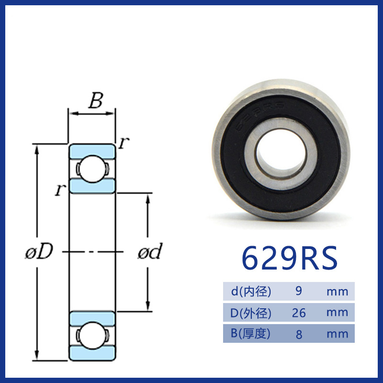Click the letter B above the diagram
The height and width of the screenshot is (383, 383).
pos(96,100)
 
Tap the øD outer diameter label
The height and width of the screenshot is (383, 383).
pos(39,251)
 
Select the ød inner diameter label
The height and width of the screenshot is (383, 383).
pos(150,251)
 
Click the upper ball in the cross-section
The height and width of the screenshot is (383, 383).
pos(92,169)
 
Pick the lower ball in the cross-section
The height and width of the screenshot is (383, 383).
pos(92,335)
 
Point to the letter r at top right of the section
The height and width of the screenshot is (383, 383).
pos(124,142)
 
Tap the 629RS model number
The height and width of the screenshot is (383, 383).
pos(290,258)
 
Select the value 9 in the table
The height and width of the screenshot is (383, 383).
pos(298,291)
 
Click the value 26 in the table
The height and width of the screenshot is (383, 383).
pos(299,313)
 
